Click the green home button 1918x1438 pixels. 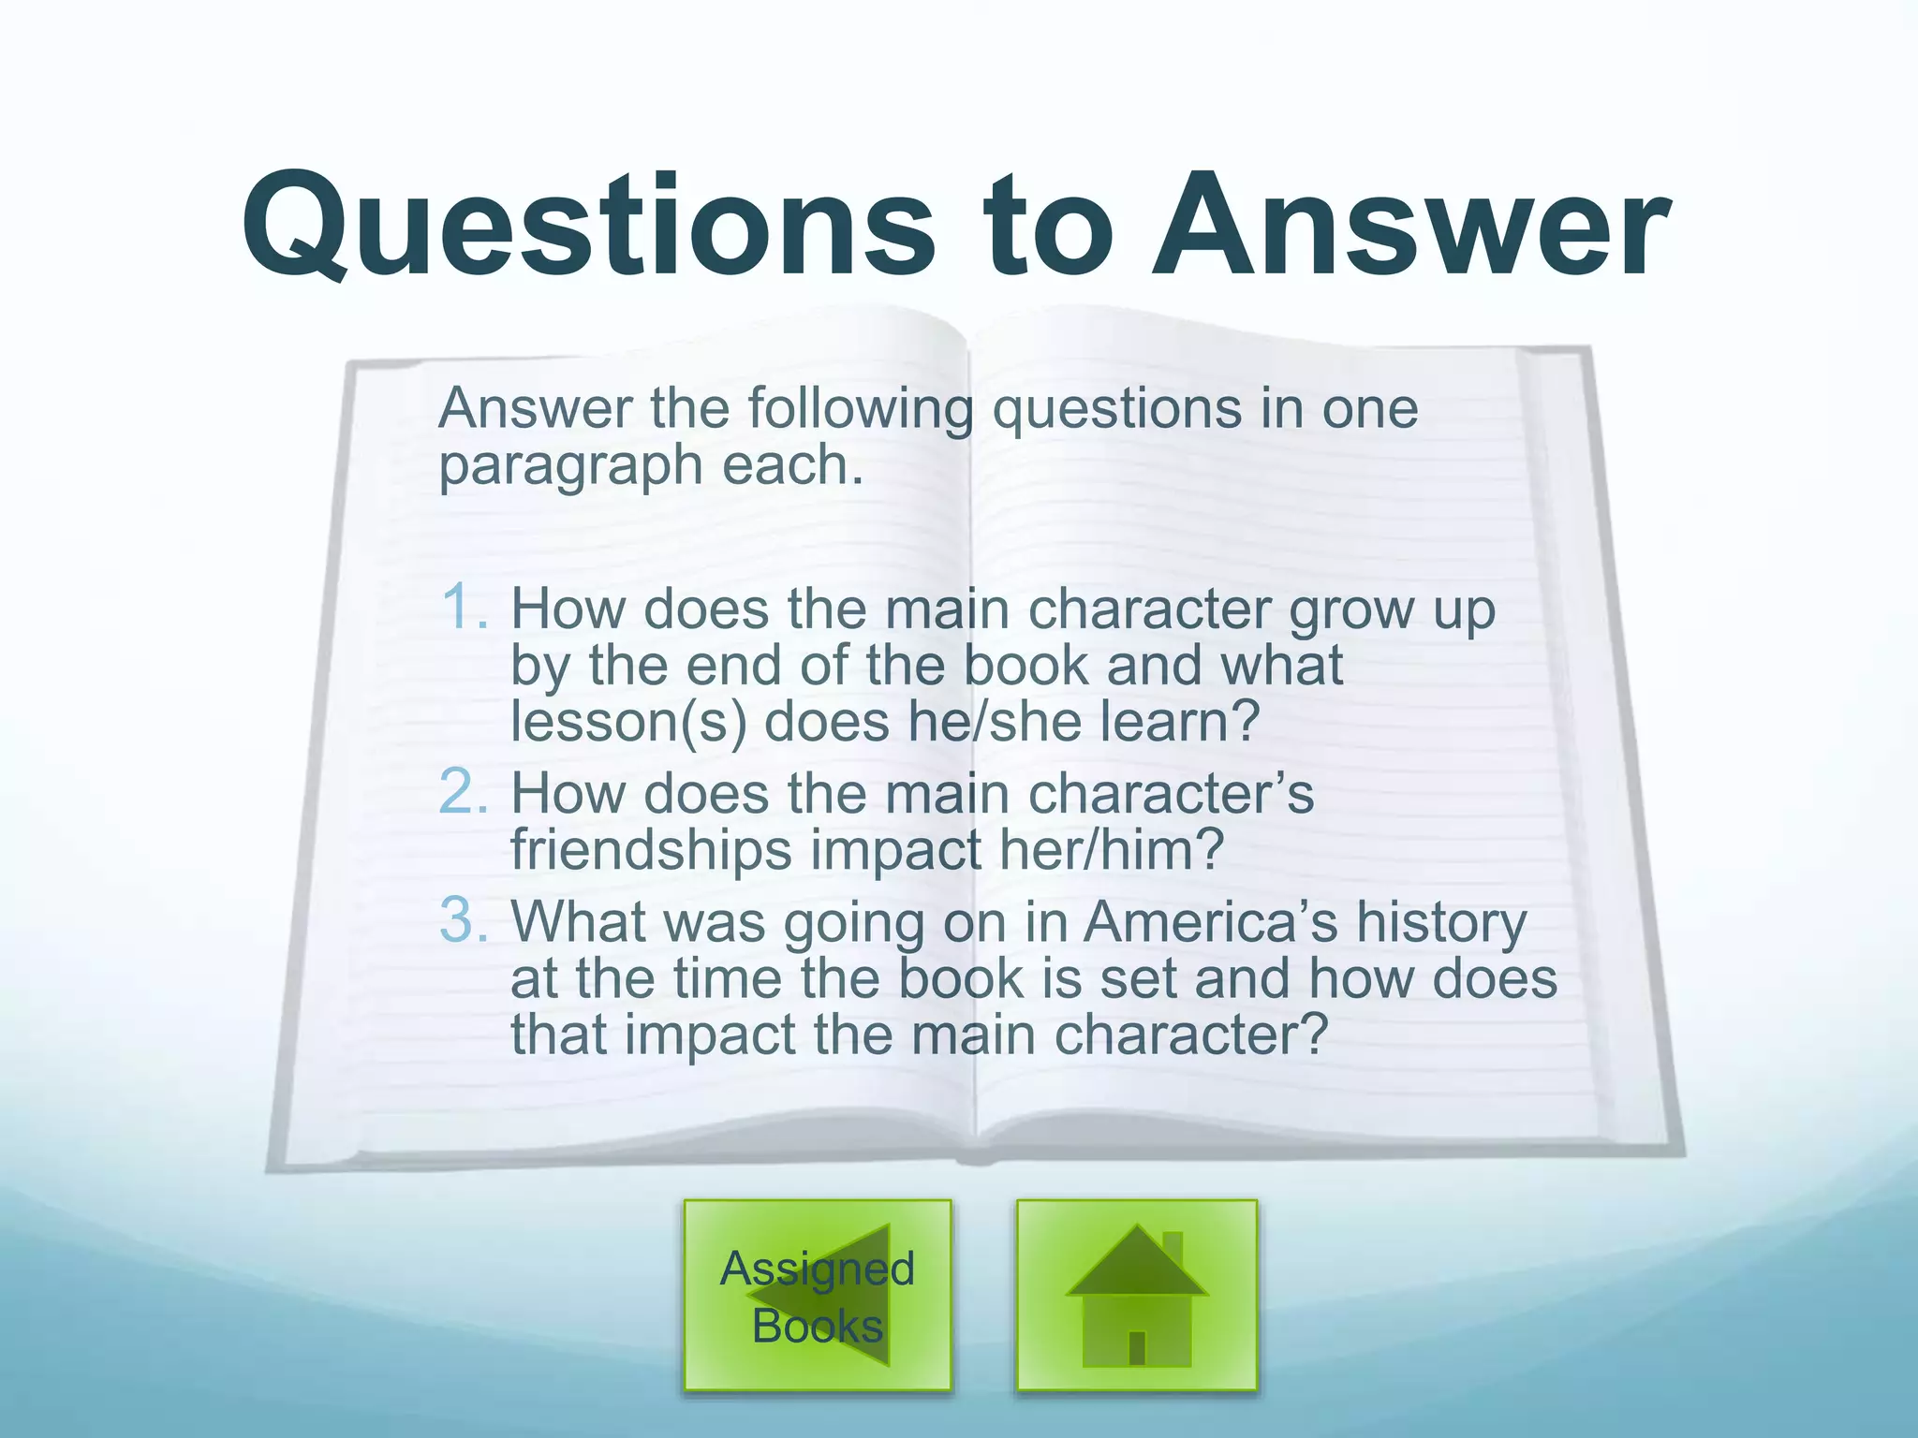click(x=1136, y=1295)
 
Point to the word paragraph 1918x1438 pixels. click(x=570, y=466)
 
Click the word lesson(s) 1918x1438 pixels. click(x=628, y=722)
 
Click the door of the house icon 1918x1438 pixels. click(x=1137, y=1347)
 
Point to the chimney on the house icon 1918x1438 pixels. click(x=1173, y=1248)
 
